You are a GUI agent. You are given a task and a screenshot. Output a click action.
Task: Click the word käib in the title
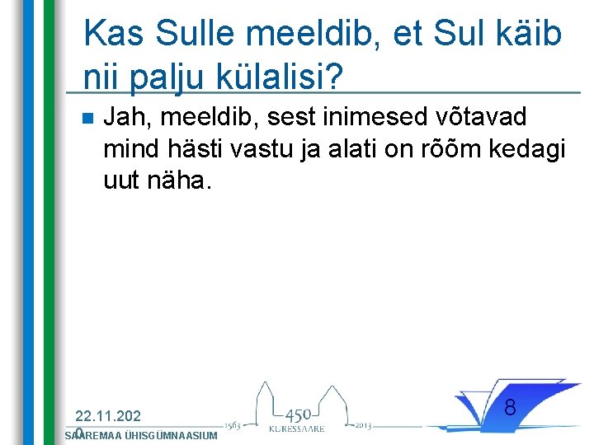point(529,35)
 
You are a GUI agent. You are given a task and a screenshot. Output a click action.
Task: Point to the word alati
point(379,148)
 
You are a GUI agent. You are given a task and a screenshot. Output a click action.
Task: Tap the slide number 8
point(510,407)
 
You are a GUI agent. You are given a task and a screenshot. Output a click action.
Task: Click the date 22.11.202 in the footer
point(107,416)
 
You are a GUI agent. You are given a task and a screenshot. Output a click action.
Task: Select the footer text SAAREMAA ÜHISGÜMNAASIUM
point(140,435)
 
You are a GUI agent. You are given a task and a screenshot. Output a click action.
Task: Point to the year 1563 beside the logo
point(232,424)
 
